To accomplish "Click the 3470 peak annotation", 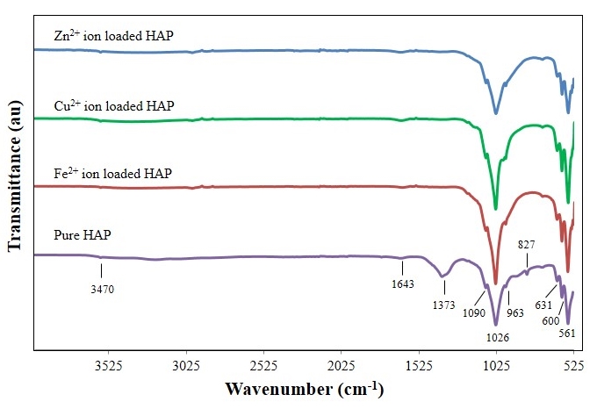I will pyautogui.click(x=101, y=288).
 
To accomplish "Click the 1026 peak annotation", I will pyautogui.click(x=496, y=337).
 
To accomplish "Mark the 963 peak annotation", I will pyautogui.click(x=515, y=312).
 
